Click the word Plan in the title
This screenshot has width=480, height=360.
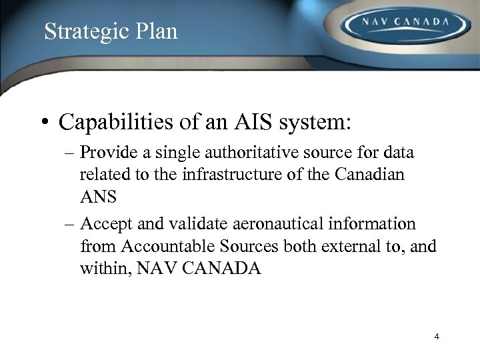coord(157,31)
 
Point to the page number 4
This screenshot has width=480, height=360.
coord(437,337)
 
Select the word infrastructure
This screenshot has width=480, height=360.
coord(228,175)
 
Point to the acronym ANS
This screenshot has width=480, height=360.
coord(98,197)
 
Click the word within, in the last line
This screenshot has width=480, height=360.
coord(105,269)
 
